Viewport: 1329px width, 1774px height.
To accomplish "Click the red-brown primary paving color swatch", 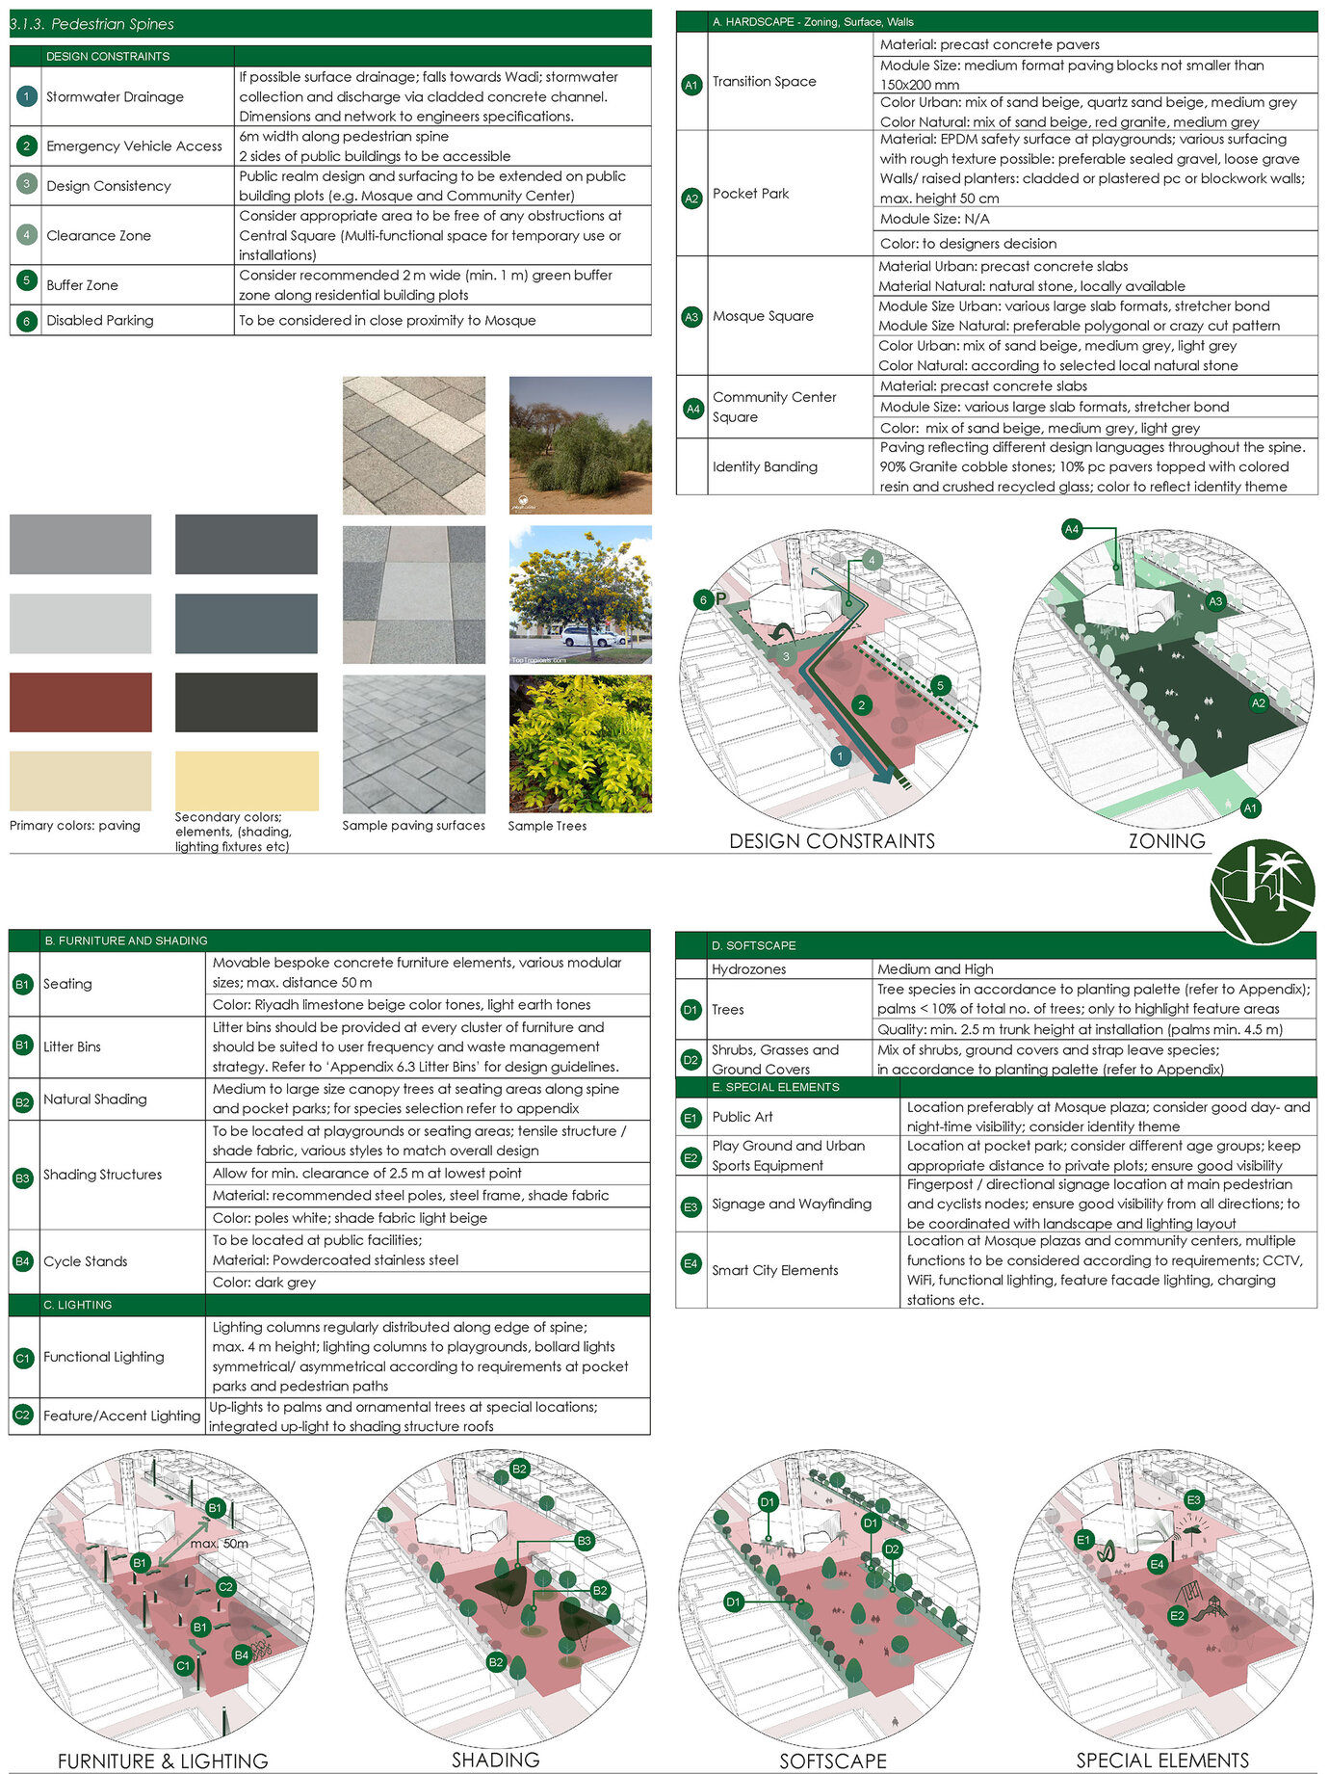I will tap(81, 702).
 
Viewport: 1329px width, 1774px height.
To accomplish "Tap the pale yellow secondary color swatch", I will tap(247, 781).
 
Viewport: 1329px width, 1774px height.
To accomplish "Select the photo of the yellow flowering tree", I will tap(580, 595).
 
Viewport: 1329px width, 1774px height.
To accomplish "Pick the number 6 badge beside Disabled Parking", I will tap(27, 321).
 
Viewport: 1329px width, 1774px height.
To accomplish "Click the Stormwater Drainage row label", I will tap(115, 96).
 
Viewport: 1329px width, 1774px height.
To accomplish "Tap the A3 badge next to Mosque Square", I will tap(691, 316).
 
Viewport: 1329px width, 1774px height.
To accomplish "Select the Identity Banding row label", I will tap(765, 467).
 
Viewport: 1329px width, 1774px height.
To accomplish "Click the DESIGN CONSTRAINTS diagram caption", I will tap(832, 841).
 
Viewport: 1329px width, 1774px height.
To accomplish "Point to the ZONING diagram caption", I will tap(1166, 841).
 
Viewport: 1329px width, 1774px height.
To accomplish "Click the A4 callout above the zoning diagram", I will tap(1072, 529).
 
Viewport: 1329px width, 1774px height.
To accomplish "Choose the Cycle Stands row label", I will tap(85, 1261).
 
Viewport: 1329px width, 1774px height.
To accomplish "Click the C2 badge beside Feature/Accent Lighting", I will tap(23, 1416).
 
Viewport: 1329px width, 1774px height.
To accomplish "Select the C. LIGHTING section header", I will tap(77, 1305).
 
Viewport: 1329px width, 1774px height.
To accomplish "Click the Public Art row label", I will tap(742, 1117).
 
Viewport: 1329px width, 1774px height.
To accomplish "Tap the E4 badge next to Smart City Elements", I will tap(691, 1263).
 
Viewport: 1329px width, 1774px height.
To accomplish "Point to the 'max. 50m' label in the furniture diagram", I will tap(219, 1544).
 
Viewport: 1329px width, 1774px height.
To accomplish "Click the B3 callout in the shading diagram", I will tap(584, 1541).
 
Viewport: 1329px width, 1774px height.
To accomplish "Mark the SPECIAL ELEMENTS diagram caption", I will tap(1162, 1761).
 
